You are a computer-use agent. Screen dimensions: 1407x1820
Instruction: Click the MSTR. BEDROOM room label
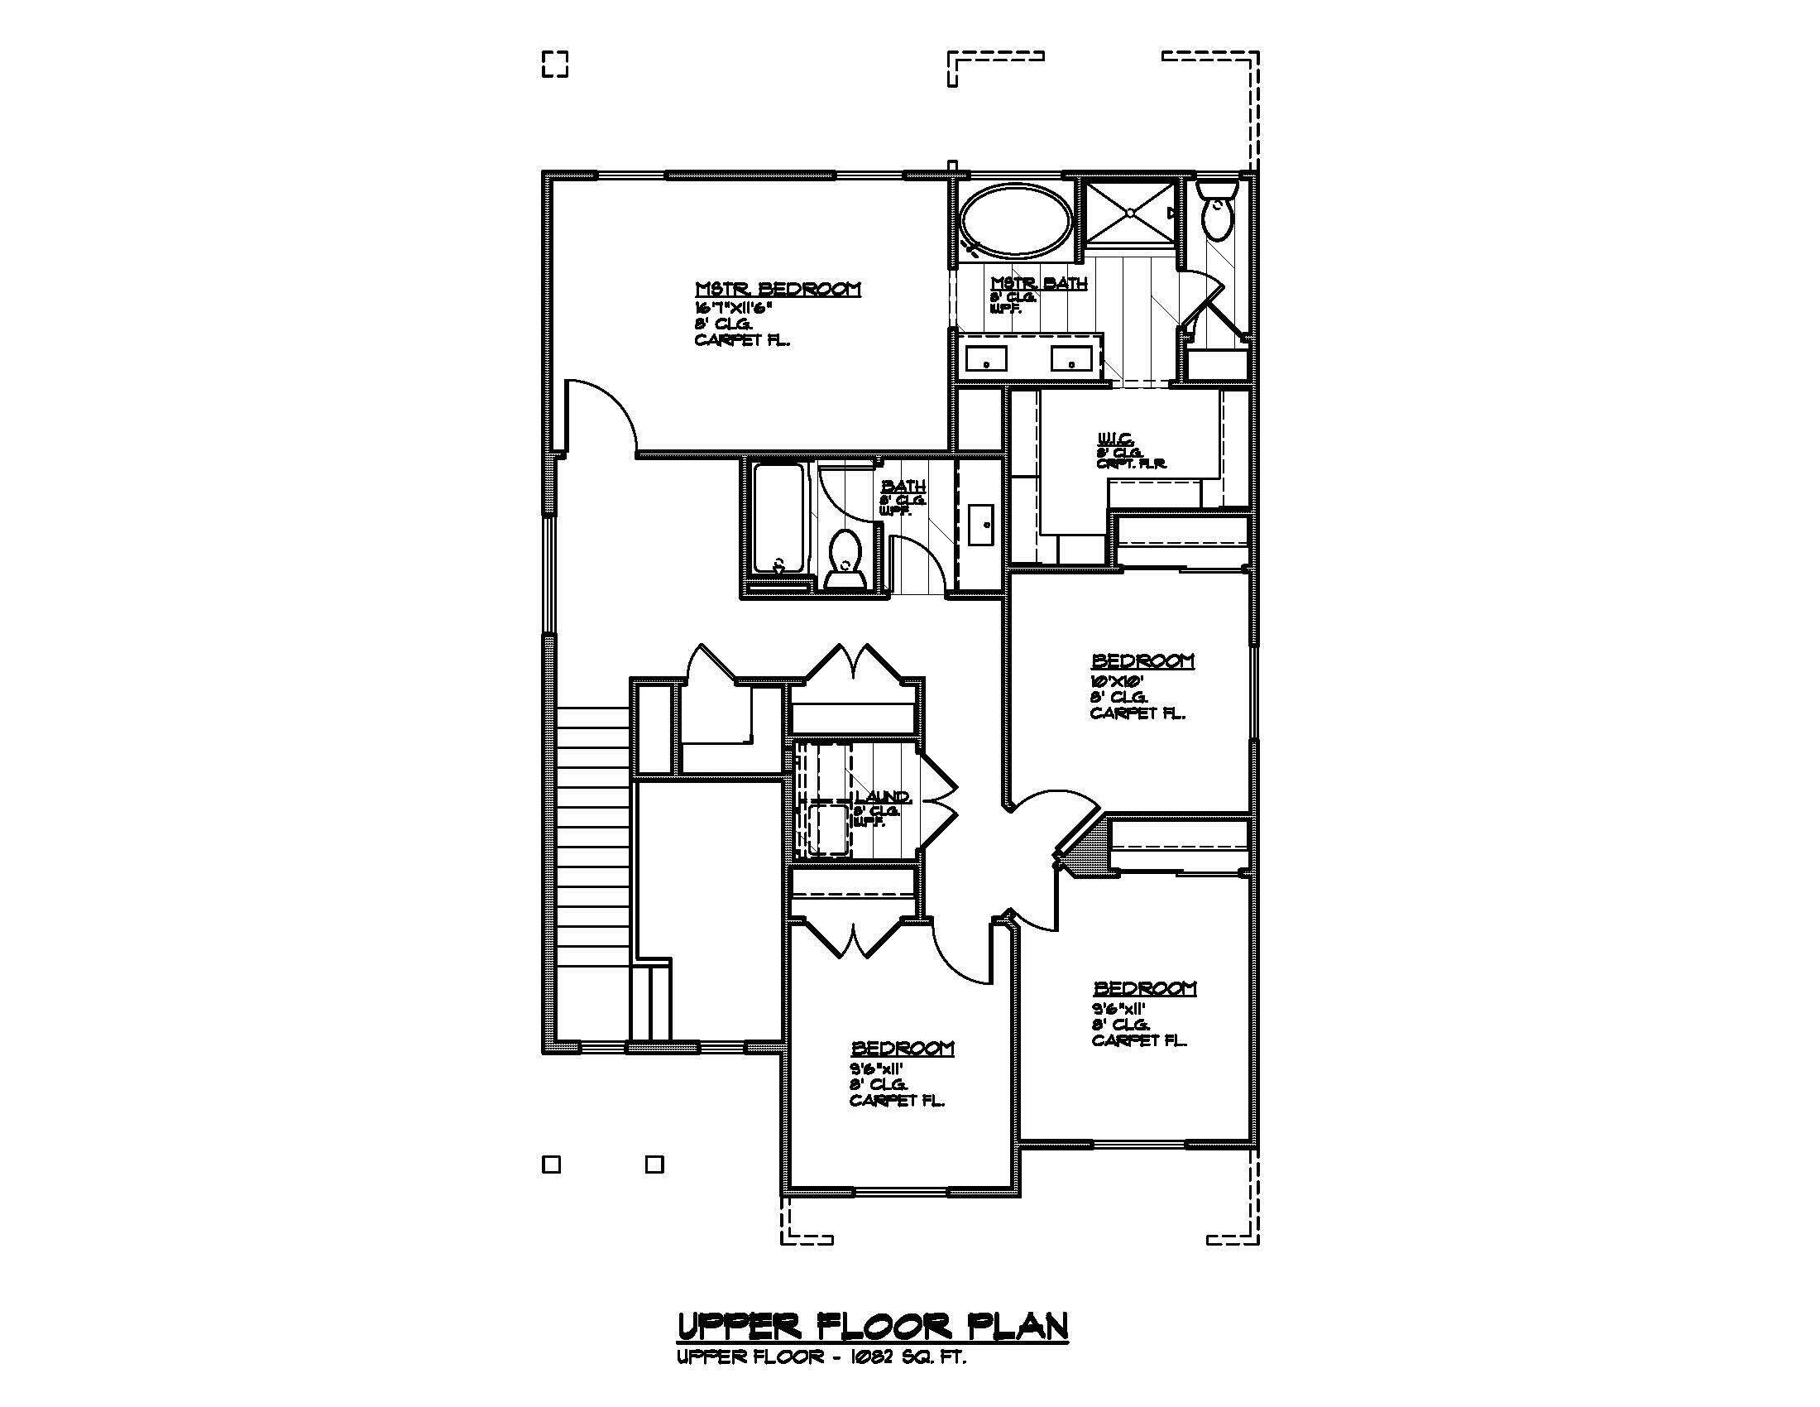(778, 289)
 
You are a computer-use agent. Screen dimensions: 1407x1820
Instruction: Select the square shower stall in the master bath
(1128, 214)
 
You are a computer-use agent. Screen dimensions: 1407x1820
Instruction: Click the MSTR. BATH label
(1038, 283)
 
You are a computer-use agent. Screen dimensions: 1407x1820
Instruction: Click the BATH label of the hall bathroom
(903, 486)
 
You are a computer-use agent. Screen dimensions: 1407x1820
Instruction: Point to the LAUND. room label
(883, 798)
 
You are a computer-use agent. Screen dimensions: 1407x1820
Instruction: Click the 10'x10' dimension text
(1109, 680)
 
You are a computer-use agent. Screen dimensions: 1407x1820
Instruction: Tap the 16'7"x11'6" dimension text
(734, 307)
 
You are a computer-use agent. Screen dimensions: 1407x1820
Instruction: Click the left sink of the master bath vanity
(986, 361)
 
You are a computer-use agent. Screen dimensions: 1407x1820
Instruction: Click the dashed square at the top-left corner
(555, 65)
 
